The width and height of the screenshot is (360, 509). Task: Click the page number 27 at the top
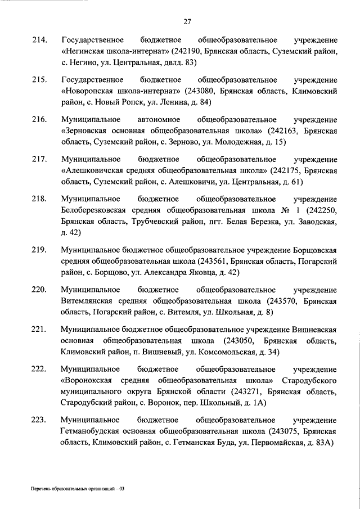[x=188, y=22]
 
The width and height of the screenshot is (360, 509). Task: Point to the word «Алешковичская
[x=94, y=170]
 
